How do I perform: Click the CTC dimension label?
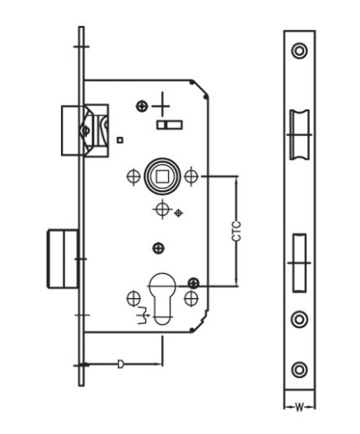[236, 231]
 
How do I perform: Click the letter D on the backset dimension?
[120, 364]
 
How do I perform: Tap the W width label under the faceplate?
[299, 408]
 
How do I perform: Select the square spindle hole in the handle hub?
[162, 176]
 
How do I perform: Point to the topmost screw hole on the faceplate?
[299, 51]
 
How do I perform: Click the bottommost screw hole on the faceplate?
[299, 370]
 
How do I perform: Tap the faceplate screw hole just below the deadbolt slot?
[299, 319]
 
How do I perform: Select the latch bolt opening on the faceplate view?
[300, 134]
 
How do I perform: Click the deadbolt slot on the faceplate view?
[299, 263]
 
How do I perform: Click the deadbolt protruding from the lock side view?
[62, 259]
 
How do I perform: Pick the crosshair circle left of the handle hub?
[134, 176]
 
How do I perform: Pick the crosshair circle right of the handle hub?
[191, 176]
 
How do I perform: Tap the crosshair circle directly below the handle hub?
[162, 209]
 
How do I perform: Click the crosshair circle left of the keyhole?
[134, 299]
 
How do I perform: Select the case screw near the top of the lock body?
[142, 106]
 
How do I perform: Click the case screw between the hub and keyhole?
[159, 248]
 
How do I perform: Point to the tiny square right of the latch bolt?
[120, 140]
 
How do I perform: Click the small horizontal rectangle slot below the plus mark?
[170, 125]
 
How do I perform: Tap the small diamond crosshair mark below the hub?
[178, 213]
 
